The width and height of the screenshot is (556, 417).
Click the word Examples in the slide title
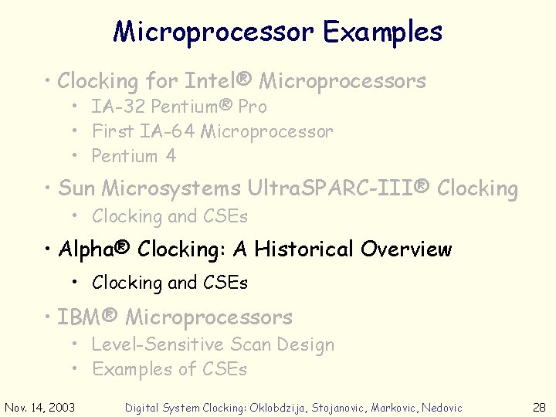(x=382, y=32)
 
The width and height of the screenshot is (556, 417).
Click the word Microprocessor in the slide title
(x=213, y=32)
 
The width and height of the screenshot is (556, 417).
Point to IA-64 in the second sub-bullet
(x=168, y=131)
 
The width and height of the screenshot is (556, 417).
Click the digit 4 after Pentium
(x=171, y=156)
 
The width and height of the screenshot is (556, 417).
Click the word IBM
(x=82, y=317)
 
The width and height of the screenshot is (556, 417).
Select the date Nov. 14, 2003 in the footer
(x=40, y=407)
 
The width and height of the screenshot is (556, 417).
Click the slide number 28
(x=539, y=407)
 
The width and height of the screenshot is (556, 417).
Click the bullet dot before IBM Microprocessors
(x=48, y=317)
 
